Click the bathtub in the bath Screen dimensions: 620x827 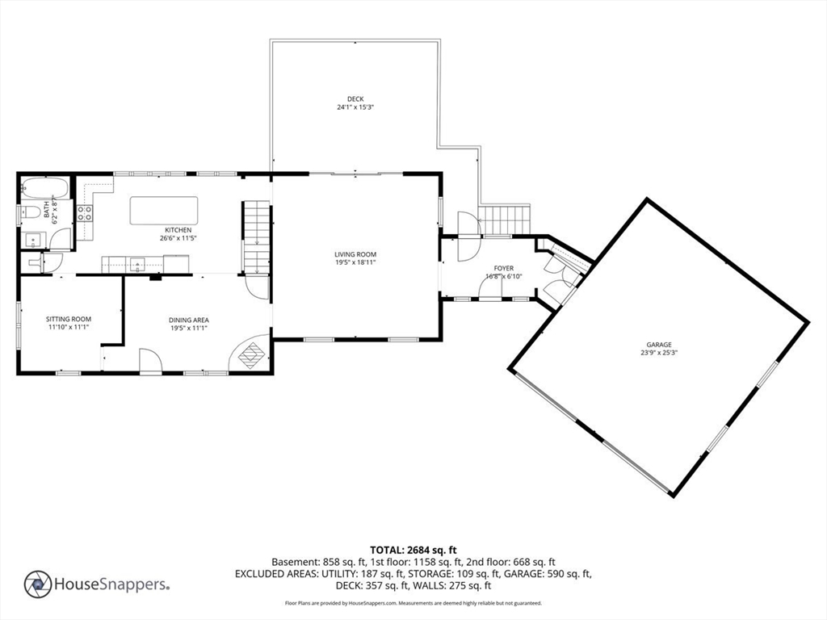pyautogui.click(x=35, y=188)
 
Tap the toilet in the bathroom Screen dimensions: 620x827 pyautogui.click(x=28, y=213)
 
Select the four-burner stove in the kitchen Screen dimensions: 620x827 pyautogui.click(x=85, y=213)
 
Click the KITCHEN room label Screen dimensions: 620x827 pyautogui.click(x=178, y=230)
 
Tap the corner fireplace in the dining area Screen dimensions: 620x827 pyautogui.click(x=251, y=354)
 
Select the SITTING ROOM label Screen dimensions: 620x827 pyautogui.click(x=68, y=319)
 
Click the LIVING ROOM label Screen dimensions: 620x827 pyautogui.click(x=356, y=254)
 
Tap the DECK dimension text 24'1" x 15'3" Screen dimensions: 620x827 pyautogui.click(x=355, y=107)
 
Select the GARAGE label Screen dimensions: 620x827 pyautogui.click(x=658, y=344)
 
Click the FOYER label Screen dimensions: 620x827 pyautogui.click(x=504, y=268)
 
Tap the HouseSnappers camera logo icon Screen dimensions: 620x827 pyautogui.click(x=38, y=584)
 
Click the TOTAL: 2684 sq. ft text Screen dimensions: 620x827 pyautogui.click(x=413, y=550)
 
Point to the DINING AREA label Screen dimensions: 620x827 pyautogui.click(x=189, y=320)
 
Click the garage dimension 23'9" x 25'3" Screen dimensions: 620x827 pyautogui.click(x=658, y=353)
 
